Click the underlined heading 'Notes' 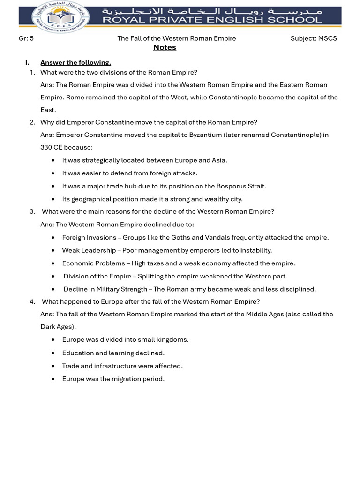165,47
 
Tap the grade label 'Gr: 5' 26,38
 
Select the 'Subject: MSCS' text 314,38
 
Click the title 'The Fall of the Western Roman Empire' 177,38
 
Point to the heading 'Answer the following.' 75,62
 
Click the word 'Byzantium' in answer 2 206,135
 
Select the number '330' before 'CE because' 46,147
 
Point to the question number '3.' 32,211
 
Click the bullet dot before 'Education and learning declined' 53,353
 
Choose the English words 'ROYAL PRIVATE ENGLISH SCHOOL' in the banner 212,20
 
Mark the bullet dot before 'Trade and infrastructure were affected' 53,366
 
